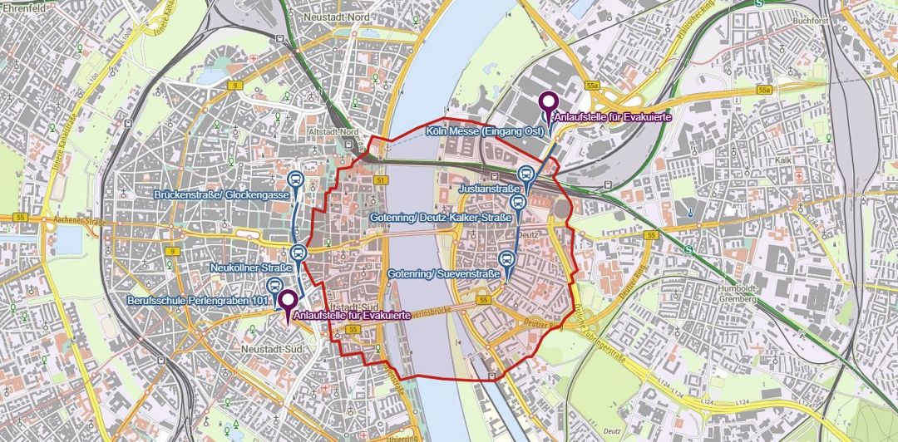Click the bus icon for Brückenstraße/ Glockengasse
coord(295,179)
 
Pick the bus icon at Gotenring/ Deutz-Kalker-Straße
coord(516,203)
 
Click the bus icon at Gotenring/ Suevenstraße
coord(507,259)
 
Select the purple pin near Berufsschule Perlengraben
coord(288,301)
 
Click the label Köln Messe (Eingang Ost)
coord(484,131)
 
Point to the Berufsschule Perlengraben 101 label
coord(198,299)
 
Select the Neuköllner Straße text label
coord(251,268)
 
